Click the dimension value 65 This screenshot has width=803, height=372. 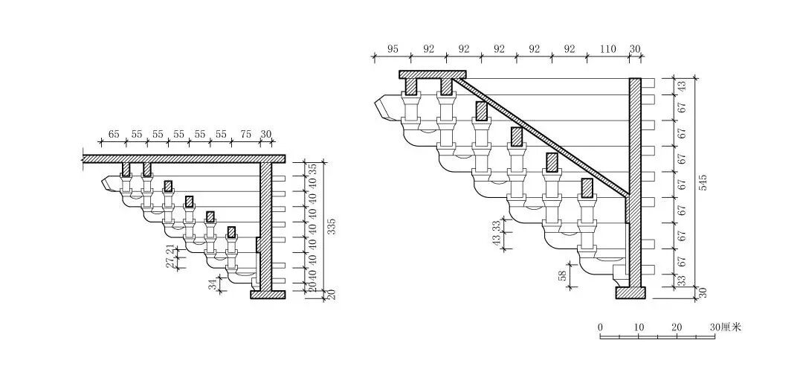coord(114,135)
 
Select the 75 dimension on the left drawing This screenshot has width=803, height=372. coord(246,135)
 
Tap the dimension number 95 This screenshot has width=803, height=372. coord(393,49)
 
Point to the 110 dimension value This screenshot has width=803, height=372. coord(607,49)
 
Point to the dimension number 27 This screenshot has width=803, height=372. coord(170,262)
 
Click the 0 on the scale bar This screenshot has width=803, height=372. coord(600,327)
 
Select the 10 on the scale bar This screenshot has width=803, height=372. coord(639,327)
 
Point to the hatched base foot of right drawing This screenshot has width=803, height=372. coord(630,292)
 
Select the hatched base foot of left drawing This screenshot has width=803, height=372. coord(267,295)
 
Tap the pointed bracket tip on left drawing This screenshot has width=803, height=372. coord(109,182)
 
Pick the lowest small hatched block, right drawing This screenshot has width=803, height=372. coord(587,188)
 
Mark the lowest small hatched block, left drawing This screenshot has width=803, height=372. coord(231,231)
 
